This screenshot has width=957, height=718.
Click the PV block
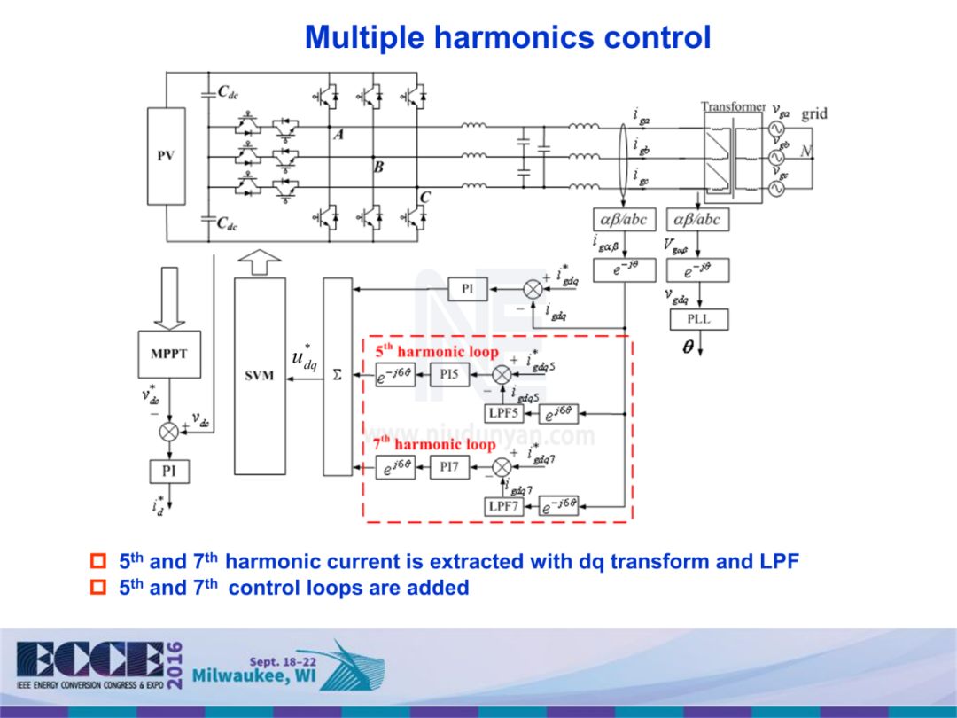(x=166, y=155)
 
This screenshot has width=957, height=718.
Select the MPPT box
(x=168, y=353)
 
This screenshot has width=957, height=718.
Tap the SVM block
(x=260, y=376)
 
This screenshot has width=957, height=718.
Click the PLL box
(x=698, y=319)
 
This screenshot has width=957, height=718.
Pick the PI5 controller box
(x=449, y=375)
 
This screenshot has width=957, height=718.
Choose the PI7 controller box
(x=449, y=467)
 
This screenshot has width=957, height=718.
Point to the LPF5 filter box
(x=504, y=412)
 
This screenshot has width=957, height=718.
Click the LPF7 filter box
(x=502, y=506)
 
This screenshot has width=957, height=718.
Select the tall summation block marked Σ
(x=337, y=376)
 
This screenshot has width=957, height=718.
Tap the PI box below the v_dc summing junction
(x=168, y=471)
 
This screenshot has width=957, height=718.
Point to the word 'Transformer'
(x=733, y=106)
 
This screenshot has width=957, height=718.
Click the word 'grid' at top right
(x=814, y=113)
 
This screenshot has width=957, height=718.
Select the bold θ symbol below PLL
(x=688, y=348)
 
